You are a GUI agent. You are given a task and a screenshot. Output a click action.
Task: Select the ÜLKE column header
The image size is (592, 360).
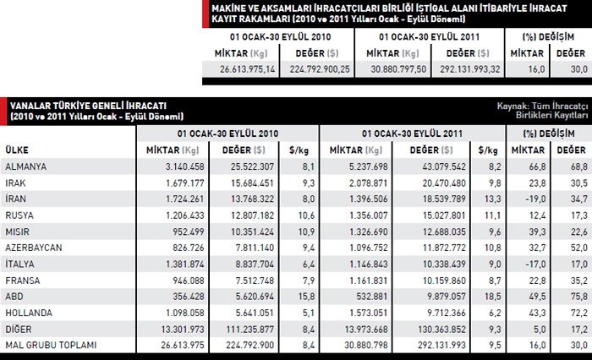pyautogui.click(x=16, y=149)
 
